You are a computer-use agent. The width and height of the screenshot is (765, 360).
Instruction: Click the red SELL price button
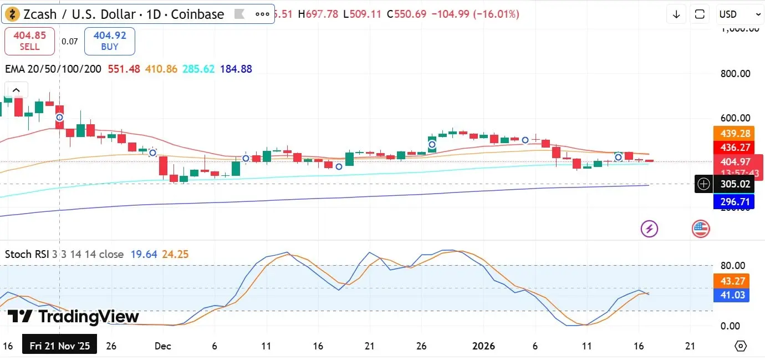(x=29, y=41)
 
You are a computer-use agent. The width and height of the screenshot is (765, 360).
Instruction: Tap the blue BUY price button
(x=110, y=41)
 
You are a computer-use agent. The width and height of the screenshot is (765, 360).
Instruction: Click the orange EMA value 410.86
(x=161, y=69)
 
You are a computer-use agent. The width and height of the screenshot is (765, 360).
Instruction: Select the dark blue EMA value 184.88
(x=236, y=69)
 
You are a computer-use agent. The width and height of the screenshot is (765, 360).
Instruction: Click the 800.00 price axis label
(x=736, y=74)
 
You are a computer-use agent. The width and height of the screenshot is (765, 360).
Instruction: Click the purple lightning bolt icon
(x=649, y=228)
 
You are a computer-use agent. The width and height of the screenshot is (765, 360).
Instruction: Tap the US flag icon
(x=701, y=228)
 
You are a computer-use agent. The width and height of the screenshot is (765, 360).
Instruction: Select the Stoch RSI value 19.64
(x=144, y=255)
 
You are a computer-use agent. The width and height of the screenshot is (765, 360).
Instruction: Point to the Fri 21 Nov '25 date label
(x=60, y=346)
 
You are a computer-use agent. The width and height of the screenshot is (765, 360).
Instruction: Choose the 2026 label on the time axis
(x=483, y=346)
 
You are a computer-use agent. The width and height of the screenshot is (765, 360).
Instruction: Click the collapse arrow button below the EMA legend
(x=16, y=90)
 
